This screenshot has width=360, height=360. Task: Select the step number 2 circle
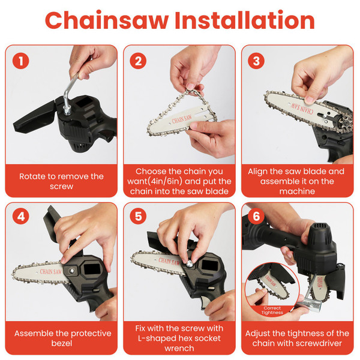pos(139,60)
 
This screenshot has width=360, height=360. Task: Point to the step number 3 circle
pos(256,60)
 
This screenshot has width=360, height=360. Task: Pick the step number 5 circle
pos(139,216)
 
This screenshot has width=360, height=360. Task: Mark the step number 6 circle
pos(256,216)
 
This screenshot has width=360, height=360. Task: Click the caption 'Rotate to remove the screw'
pos(61,182)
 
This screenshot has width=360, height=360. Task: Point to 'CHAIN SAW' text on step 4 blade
pos(48,271)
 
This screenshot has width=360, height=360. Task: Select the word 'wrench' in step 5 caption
pos(179,348)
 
